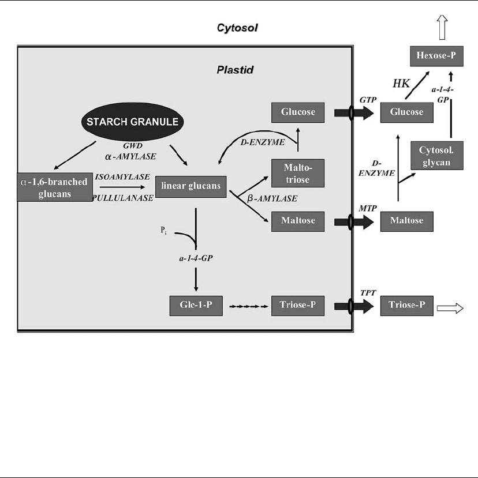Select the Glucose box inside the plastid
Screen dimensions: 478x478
point(296,112)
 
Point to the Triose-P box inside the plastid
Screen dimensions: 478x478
point(296,306)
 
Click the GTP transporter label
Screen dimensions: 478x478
point(367,100)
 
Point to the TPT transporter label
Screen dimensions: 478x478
point(368,293)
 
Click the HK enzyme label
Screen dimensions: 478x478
point(401,84)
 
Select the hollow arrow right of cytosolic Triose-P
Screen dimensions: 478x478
point(450,308)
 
